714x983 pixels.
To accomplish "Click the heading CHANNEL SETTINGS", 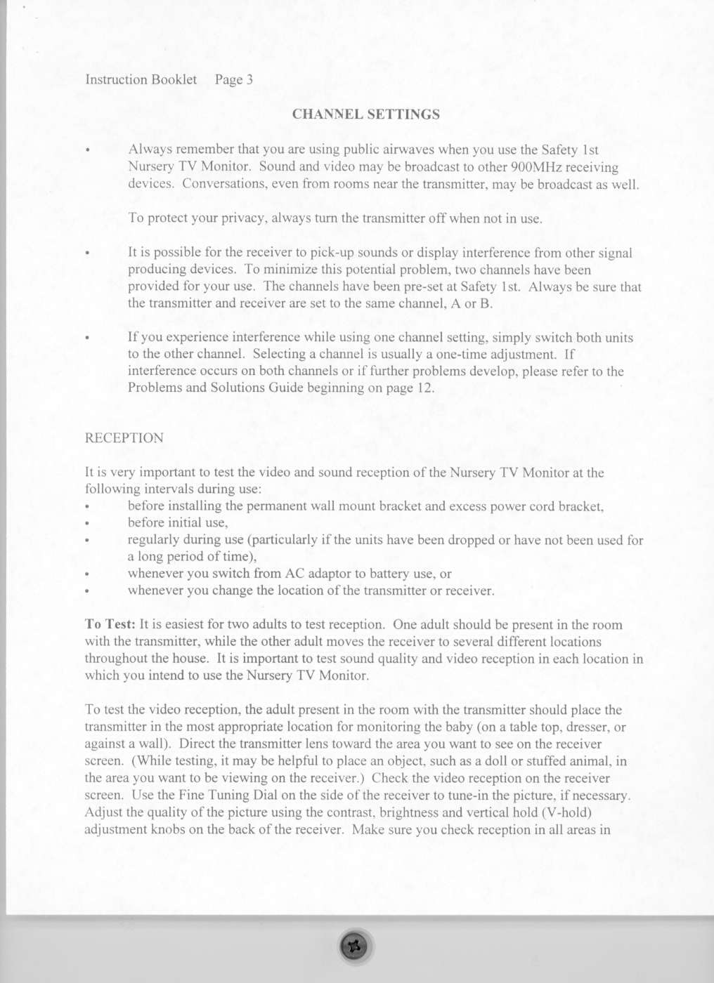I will (x=365, y=114).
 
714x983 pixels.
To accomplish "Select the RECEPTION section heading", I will (x=124, y=438).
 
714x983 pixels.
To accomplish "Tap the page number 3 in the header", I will (x=249, y=80).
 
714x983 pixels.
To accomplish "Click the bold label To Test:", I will (x=110, y=624).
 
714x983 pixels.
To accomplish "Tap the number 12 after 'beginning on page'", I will (x=425, y=388).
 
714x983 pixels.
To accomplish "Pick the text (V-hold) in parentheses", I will (x=566, y=812).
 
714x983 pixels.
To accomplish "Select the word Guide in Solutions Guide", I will (x=287, y=388).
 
